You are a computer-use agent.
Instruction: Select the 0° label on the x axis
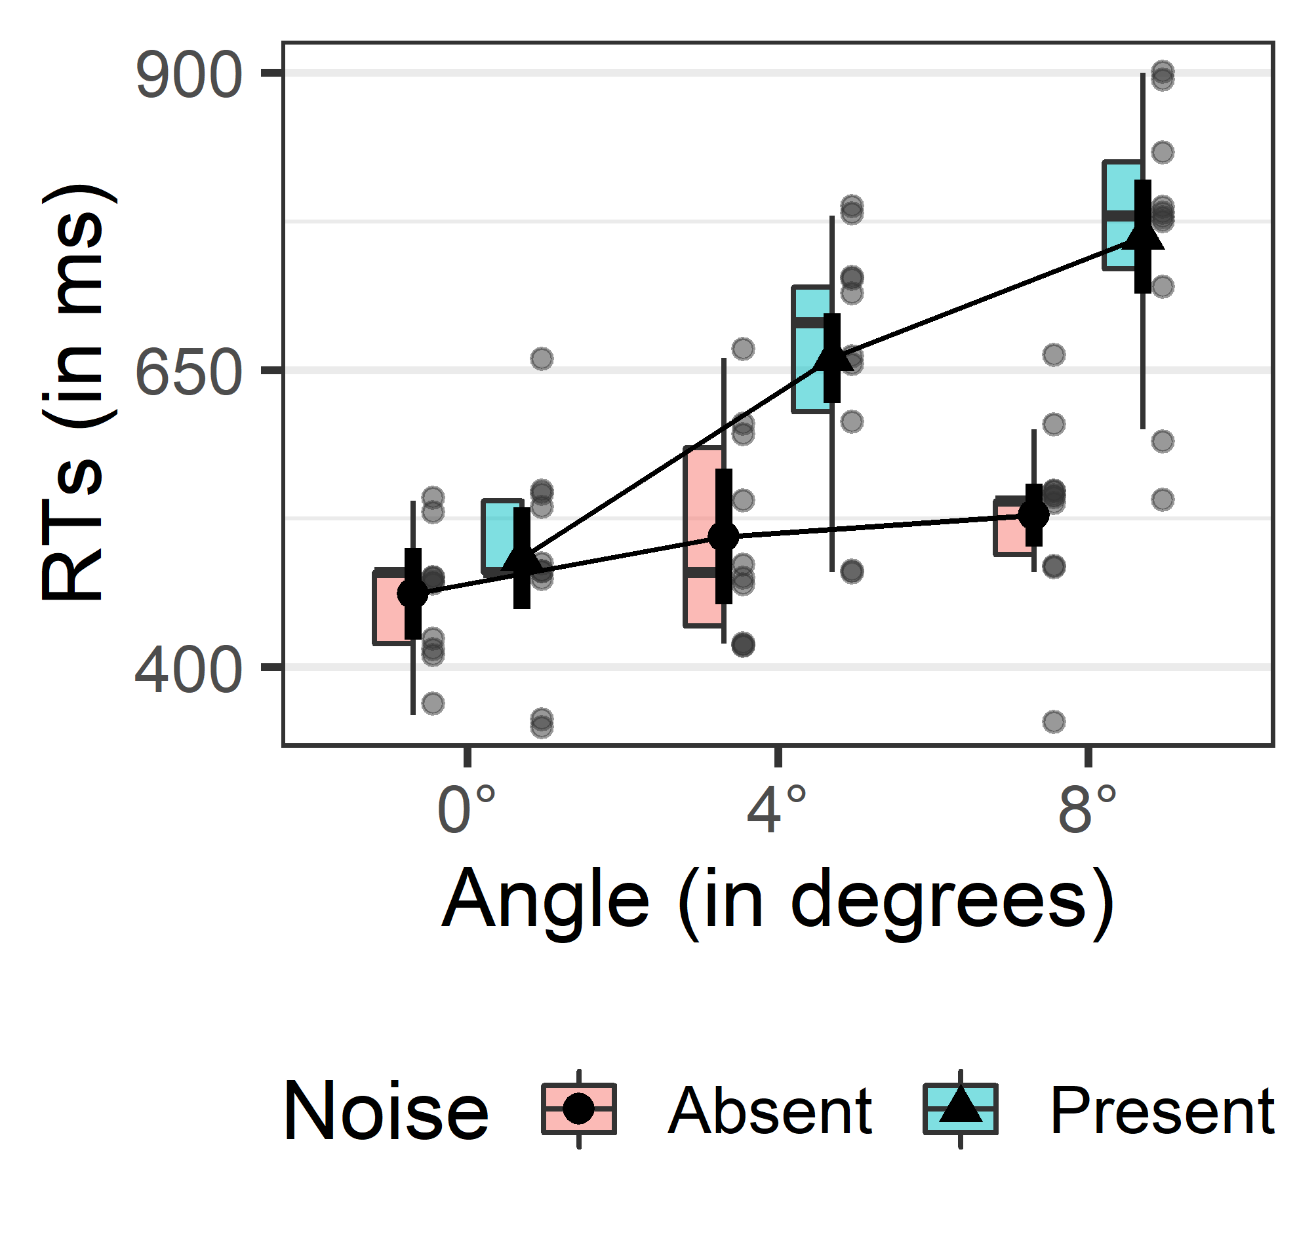coord(467,811)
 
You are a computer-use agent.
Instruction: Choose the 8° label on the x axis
coord(1088,811)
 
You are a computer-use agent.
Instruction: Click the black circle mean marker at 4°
coord(723,537)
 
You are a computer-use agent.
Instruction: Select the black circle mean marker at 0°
coord(412,594)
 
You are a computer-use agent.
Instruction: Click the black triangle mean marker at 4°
coord(832,358)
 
